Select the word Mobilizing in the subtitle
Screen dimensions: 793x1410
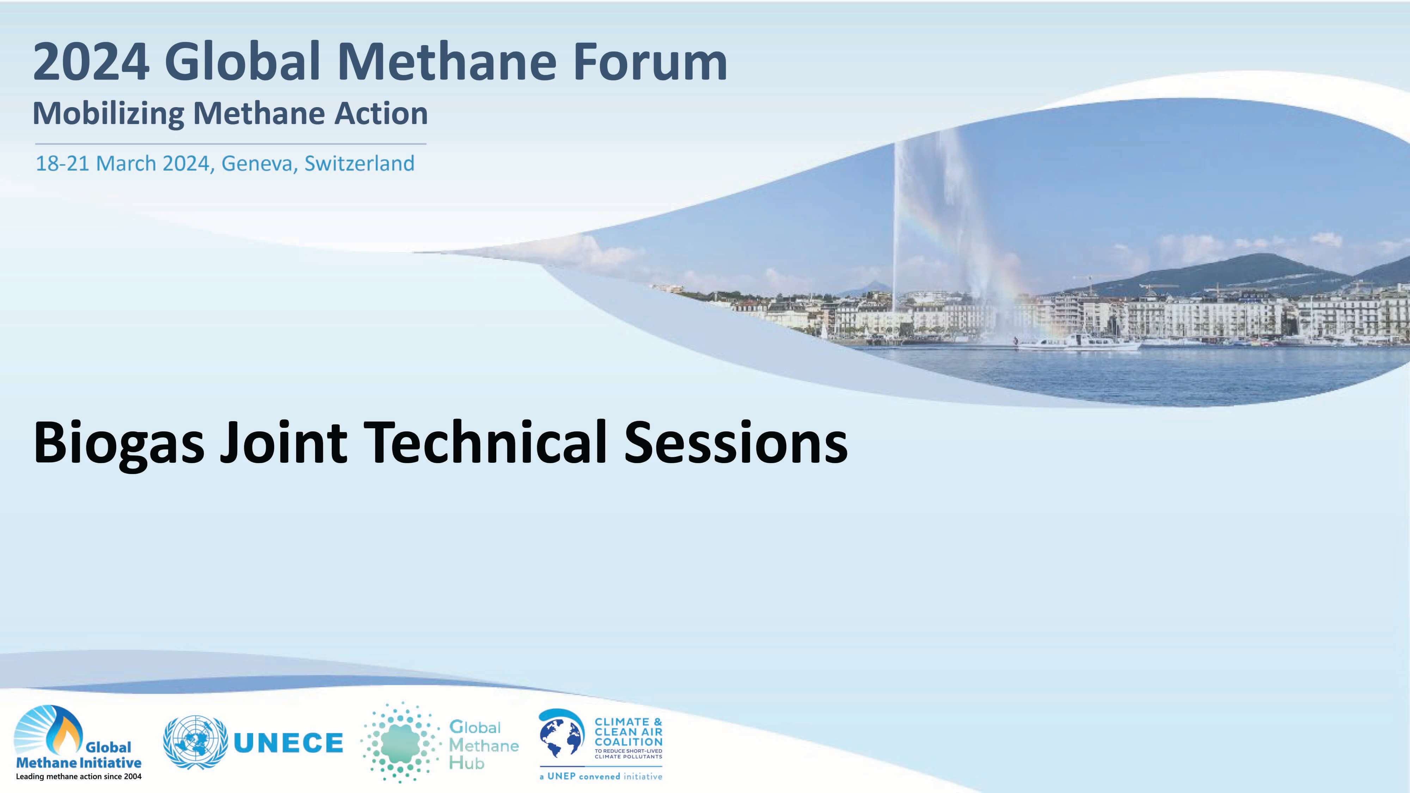click(x=108, y=114)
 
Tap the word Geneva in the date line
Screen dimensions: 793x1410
click(x=256, y=163)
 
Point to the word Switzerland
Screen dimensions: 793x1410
click(x=359, y=163)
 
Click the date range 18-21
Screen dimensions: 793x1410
click(x=62, y=163)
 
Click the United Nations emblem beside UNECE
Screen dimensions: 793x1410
click(x=195, y=743)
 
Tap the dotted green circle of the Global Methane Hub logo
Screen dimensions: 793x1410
click(x=401, y=742)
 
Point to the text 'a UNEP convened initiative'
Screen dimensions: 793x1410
click(x=600, y=776)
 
